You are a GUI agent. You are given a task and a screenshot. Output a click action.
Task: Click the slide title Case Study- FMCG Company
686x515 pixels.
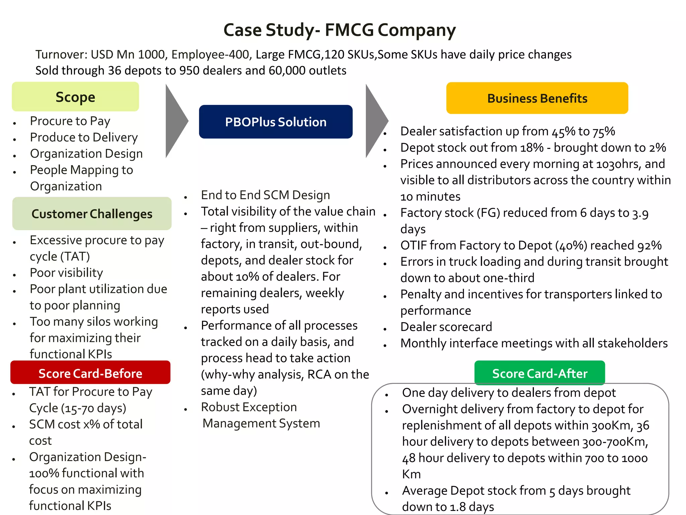339,30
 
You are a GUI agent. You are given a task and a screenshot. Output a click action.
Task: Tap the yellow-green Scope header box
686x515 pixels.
75,97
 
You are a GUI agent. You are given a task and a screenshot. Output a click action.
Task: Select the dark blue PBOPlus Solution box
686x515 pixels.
276,122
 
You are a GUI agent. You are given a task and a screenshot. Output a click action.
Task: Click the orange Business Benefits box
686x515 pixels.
537,98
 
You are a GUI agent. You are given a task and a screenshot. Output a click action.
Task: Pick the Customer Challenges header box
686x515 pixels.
92,214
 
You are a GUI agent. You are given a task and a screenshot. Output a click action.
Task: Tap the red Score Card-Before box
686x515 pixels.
90,373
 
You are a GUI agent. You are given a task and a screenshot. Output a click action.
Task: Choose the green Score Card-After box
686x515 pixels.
540,373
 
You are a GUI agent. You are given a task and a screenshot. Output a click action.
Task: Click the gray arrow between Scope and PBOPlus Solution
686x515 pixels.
176,121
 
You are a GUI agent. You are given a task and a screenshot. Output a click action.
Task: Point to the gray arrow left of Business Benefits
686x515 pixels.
376,121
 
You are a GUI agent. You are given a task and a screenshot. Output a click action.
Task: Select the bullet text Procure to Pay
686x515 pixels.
70,121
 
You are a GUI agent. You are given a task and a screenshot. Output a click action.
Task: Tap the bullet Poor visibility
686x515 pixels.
66,273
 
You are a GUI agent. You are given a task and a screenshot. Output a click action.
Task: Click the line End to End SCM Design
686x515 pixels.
265,195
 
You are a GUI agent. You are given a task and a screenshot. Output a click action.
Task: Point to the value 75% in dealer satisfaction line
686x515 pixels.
604,131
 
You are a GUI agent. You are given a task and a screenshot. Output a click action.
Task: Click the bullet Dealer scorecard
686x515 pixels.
446,327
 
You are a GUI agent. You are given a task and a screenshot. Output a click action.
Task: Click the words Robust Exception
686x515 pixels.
249,407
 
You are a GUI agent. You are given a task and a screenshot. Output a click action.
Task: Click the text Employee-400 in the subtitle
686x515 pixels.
211,54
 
